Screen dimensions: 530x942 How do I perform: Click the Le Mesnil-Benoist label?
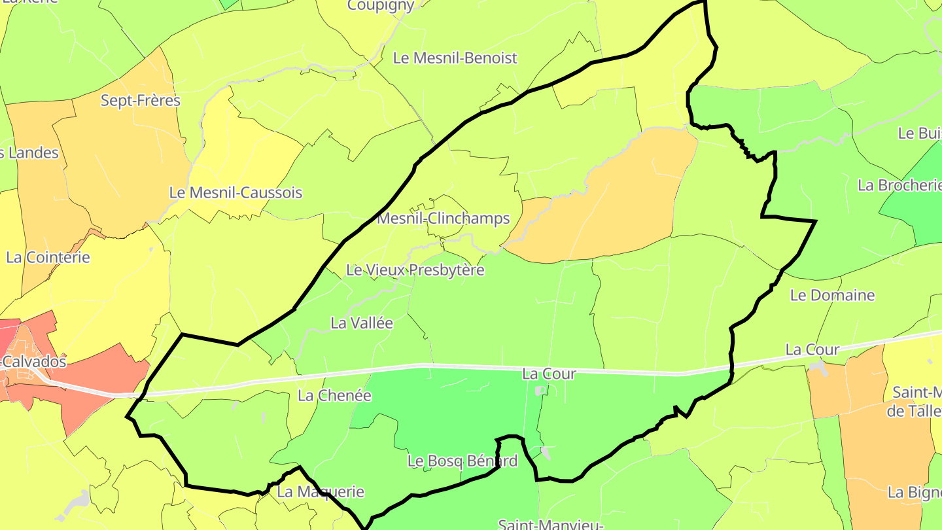click(455, 58)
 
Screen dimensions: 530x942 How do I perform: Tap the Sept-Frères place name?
click(140, 101)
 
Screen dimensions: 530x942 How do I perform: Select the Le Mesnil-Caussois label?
click(235, 193)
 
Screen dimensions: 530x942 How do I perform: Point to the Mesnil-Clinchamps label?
click(443, 219)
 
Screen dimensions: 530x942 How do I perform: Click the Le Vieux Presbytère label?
click(415, 270)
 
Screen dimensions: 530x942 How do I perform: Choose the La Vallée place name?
click(362, 323)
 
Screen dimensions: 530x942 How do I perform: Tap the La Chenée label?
click(334, 395)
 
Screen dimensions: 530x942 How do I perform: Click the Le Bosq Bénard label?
click(462, 461)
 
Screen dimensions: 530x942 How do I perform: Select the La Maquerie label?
click(321, 491)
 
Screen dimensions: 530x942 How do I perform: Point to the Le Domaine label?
click(832, 295)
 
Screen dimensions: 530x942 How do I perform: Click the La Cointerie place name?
click(48, 257)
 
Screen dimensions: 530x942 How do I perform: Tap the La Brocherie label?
click(899, 185)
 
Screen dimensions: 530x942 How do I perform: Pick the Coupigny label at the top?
click(380, 6)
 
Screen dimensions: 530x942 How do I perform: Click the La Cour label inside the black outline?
click(549, 374)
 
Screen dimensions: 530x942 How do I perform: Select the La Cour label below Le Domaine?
click(812, 349)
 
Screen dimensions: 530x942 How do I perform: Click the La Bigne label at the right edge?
click(914, 492)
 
